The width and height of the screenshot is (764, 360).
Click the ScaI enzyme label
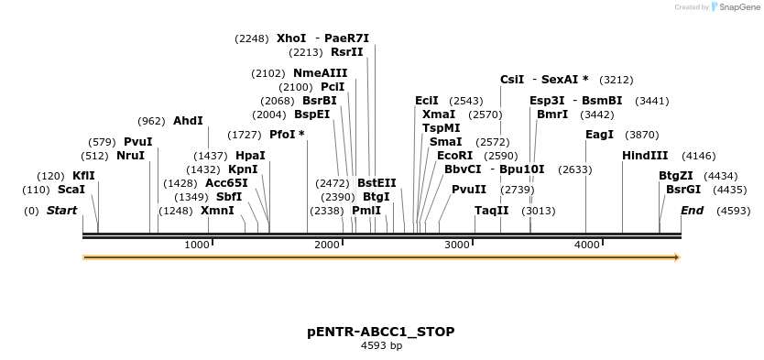pos(71,190)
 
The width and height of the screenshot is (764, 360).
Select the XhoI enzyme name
pos(291,38)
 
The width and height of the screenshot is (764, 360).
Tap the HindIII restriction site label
pos(645,156)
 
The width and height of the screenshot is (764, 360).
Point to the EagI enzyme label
pos(599,135)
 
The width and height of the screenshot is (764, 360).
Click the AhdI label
pos(188,121)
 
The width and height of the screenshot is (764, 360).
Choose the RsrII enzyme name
pos(347,52)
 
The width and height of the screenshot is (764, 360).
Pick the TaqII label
pos(491,211)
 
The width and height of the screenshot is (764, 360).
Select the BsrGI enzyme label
pos(682,190)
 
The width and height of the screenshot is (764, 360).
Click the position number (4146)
pos(699,156)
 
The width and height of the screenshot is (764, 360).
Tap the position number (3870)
pos(641,135)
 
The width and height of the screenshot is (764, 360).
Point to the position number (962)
pos(151,121)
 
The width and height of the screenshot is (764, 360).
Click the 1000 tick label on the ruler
pos(197,245)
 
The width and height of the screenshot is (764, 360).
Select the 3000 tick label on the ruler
pos(456,245)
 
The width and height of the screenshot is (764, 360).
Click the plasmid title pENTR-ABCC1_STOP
pos(381,331)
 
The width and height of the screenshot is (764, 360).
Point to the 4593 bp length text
pos(381,346)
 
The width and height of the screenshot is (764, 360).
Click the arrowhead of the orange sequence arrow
pos(677,257)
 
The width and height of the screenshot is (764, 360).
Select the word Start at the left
pos(61,211)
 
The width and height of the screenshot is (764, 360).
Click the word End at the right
pos(693,211)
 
